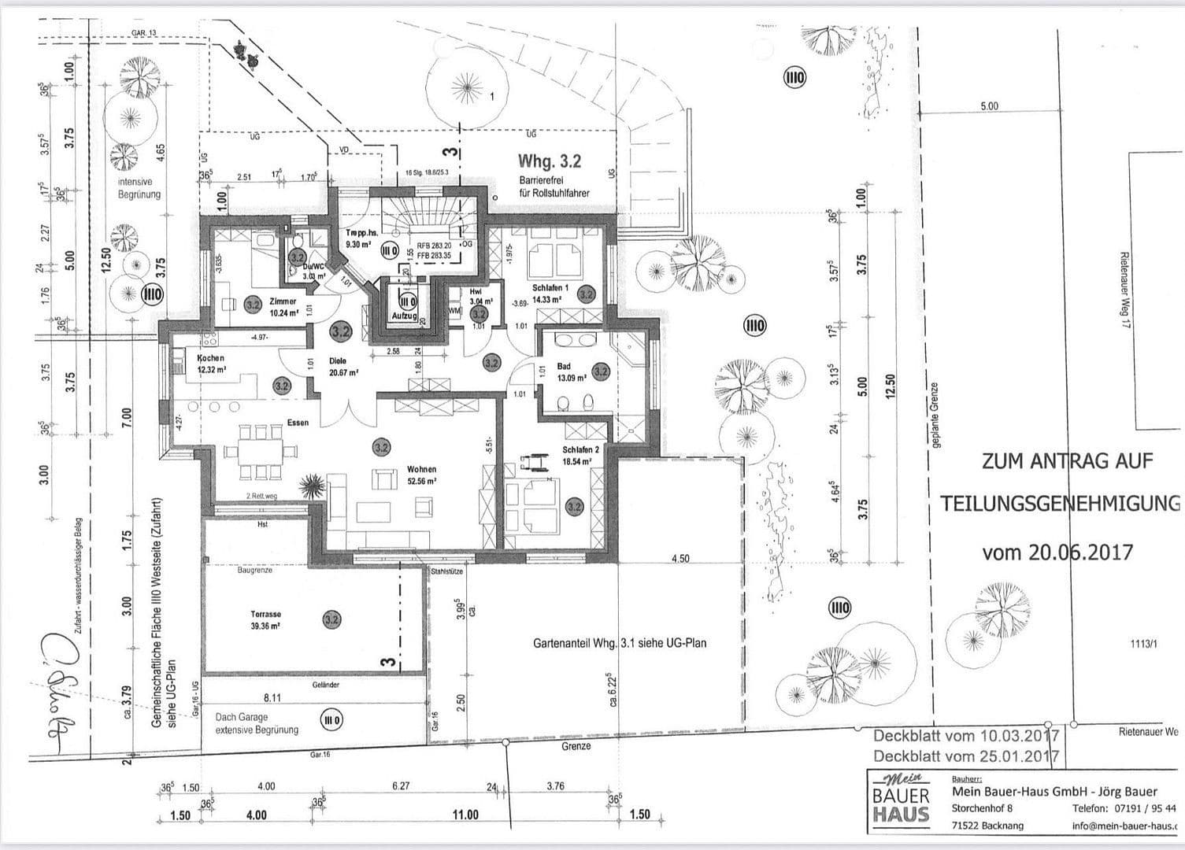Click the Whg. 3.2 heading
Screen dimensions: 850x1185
coord(549,161)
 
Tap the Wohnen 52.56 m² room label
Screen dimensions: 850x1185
coord(421,475)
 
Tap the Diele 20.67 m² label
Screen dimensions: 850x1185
coord(343,368)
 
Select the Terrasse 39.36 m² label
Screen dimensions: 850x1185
coord(265,619)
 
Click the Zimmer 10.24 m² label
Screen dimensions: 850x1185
coord(283,307)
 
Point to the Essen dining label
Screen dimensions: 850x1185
coord(298,423)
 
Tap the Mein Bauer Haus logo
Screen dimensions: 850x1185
coord(902,800)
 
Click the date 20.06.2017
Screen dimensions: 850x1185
coord(1057,552)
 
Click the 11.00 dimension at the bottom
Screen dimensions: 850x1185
coord(465,815)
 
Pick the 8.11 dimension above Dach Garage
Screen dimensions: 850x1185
coord(271,697)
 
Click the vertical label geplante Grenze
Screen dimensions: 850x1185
coord(935,415)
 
